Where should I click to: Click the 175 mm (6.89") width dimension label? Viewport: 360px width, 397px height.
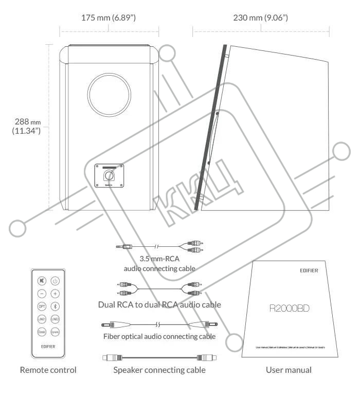[x=109, y=18]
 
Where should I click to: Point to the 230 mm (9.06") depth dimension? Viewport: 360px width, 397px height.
[x=260, y=18]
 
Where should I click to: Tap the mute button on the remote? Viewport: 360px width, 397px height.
[x=42, y=281]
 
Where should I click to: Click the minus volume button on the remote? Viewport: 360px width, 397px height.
[x=42, y=294]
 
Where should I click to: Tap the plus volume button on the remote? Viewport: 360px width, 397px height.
[x=55, y=294]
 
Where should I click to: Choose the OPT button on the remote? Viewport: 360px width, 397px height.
[x=42, y=306]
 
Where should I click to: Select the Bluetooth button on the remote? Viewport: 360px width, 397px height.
[x=55, y=306]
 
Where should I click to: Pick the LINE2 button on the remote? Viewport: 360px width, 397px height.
[x=55, y=319]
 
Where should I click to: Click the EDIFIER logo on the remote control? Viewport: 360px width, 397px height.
[x=48, y=347]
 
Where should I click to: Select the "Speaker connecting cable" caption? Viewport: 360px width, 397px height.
[x=159, y=370]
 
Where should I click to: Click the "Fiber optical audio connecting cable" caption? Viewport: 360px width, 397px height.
[x=159, y=337]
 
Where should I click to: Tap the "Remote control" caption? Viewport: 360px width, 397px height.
[x=48, y=370]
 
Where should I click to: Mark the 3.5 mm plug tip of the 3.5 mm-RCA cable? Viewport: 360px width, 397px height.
[x=119, y=247]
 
